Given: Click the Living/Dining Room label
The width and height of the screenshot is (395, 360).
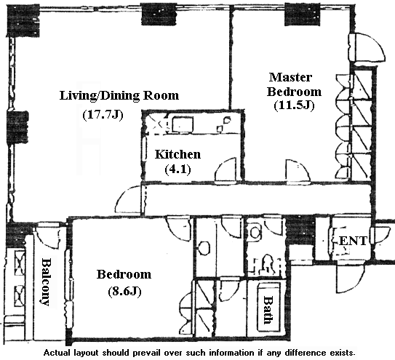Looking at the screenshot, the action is coord(119,96).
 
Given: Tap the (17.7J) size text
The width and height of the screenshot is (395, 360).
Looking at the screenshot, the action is coord(103,115).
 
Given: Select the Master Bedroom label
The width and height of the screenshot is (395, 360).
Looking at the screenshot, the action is coord(294,84).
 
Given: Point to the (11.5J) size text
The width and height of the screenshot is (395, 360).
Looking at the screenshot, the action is coord(294,105).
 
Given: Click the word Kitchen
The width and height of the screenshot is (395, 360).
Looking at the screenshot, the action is coord(177,154).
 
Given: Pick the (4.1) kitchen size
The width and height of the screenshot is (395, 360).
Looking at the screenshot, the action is coord(177,169).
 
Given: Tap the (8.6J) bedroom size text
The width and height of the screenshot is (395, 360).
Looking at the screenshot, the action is coord(124,292).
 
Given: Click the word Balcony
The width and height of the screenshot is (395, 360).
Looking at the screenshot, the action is coord(46,281).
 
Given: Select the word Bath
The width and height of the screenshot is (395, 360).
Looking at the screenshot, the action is coord(268,310).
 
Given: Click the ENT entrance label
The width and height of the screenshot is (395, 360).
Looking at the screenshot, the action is coord(354,241).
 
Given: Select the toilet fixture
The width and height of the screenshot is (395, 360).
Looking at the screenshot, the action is coord(267,264).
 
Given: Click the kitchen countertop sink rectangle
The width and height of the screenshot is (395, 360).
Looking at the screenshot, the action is coord(183,124).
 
